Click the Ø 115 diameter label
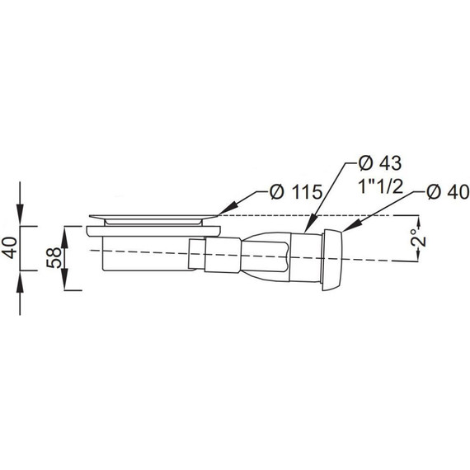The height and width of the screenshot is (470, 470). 296,192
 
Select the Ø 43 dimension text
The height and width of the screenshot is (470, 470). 380,163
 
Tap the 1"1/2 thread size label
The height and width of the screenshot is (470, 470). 380,187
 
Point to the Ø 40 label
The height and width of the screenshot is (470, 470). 448,192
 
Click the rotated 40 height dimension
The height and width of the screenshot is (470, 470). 11,247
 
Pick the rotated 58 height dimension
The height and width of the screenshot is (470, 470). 54,258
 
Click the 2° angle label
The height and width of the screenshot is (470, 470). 419,238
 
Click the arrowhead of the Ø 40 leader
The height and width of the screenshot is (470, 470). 351,226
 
